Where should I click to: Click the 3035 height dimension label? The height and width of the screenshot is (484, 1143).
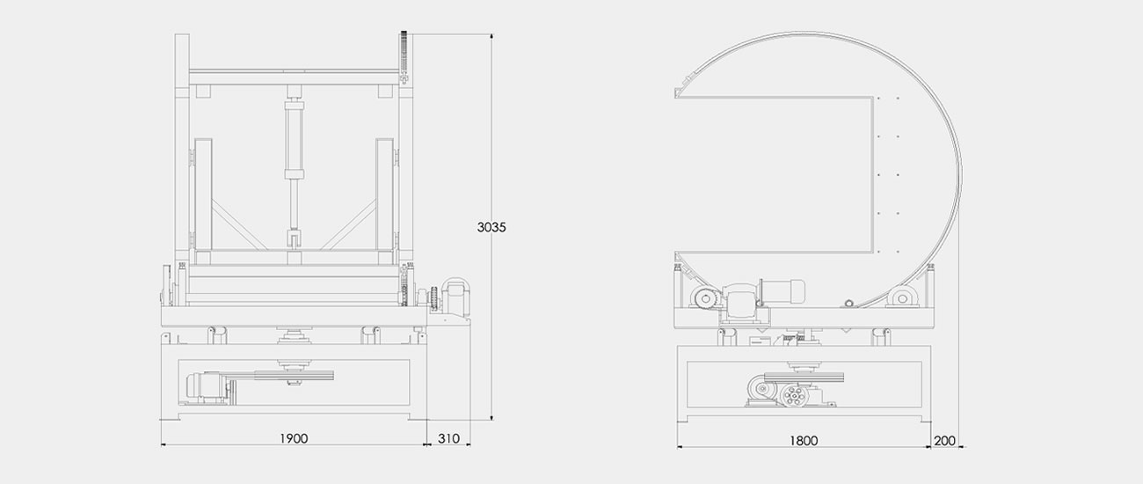[x=491, y=227]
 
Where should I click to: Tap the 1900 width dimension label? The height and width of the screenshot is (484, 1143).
[x=294, y=438]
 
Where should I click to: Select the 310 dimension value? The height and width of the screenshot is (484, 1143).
[x=448, y=438]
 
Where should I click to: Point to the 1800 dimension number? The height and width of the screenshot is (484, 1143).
[x=804, y=441]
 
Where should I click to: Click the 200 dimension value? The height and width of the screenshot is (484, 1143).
[x=944, y=441]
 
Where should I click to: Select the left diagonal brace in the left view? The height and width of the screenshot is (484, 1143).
[x=239, y=224]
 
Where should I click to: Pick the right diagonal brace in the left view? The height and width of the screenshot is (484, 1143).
[x=349, y=224]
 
